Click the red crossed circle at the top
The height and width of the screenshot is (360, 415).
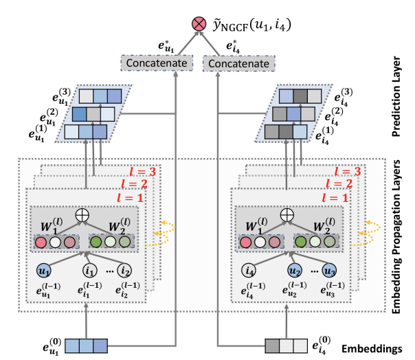pyautogui.click(x=199, y=25)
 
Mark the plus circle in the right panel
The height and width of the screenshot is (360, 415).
pyautogui.click(x=289, y=214)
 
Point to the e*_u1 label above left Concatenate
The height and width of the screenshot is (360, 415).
pyautogui.click(x=166, y=47)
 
